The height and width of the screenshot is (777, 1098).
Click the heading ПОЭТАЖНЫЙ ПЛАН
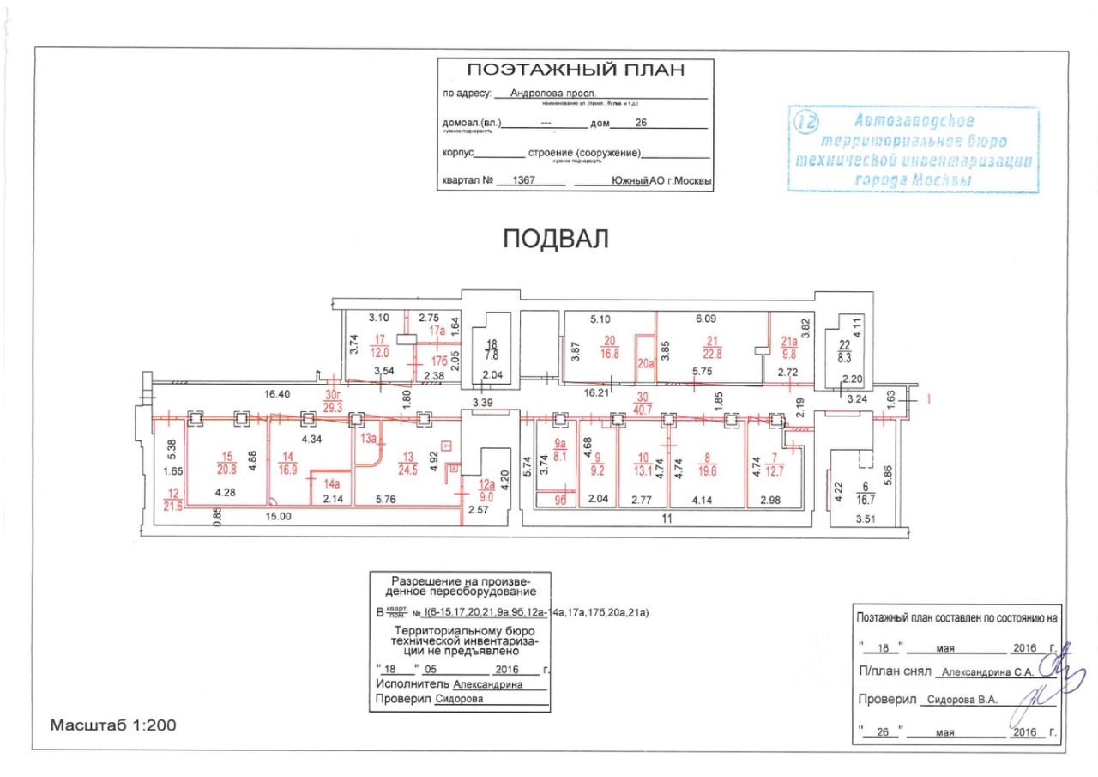point(575,70)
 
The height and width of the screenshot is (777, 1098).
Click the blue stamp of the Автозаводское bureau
point(913,149)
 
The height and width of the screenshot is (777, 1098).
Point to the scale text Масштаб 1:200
point(112,725)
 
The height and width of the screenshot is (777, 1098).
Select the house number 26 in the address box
point(640,123)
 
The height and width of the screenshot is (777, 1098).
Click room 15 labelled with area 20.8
point(226,464)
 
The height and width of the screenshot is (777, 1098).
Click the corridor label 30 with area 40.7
point(642,402)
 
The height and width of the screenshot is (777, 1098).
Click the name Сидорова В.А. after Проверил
point(962,700)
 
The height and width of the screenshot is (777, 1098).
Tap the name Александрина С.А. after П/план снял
point(986,673)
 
